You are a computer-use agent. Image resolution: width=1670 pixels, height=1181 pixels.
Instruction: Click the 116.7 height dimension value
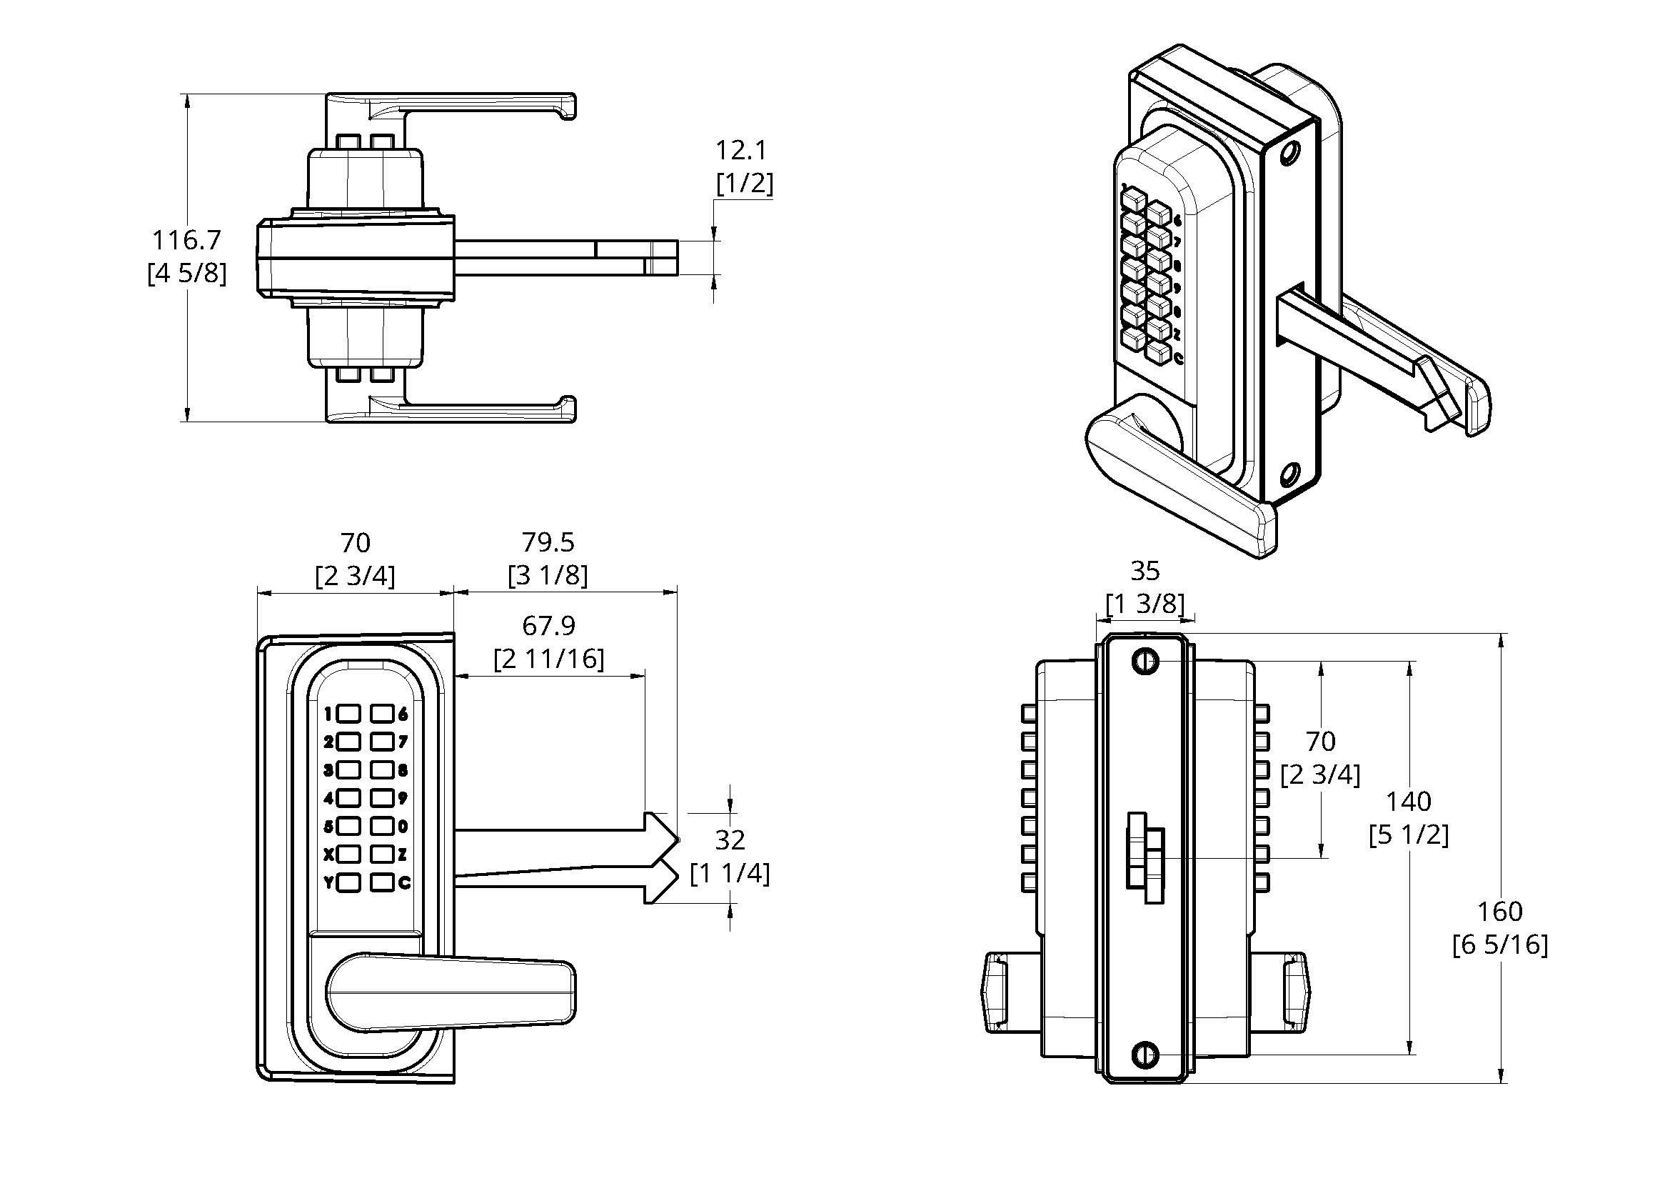(186, 240)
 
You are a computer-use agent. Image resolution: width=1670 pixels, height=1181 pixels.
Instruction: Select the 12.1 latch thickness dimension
(741, 151)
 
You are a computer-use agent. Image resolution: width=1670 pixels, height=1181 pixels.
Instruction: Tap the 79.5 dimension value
(548, 543)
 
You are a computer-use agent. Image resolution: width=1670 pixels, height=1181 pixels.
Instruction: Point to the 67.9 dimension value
(548, 626)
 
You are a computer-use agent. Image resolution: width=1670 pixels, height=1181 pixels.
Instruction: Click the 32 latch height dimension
(730, 840)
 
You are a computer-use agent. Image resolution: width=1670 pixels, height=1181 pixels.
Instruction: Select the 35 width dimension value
(1145, 572)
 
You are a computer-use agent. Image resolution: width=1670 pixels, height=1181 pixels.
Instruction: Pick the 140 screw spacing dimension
(1408, 802)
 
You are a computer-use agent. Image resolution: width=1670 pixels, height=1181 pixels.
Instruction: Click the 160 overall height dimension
(1500, 912)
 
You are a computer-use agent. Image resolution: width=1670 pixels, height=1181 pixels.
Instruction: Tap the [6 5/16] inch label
(1500, 945)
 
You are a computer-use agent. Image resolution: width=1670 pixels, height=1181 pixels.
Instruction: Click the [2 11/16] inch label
(548, 659)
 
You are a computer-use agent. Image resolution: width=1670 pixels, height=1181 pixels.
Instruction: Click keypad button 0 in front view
(382, 826)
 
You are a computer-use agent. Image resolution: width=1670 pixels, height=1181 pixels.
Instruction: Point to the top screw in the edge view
(1145, 661)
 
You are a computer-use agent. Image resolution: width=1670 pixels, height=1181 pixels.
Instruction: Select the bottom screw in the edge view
(1145, 1054)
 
